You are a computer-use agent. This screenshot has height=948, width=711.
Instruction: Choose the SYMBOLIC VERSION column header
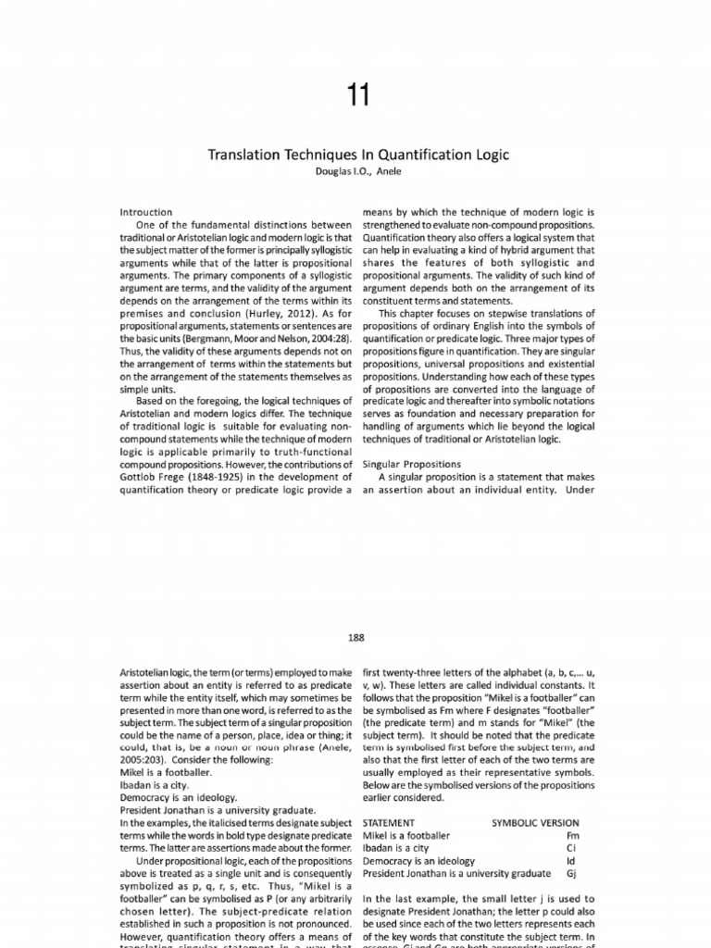[535, 822]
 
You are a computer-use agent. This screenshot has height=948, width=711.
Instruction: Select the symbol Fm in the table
[571, 834]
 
